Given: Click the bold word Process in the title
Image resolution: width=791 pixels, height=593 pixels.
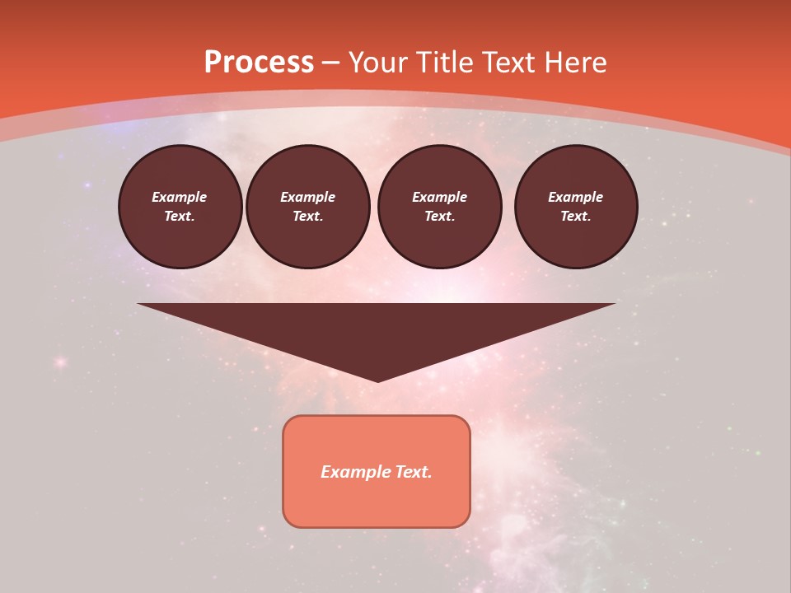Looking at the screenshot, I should pos(259,63).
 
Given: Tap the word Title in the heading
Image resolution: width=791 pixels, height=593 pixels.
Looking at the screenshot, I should pos(445,63).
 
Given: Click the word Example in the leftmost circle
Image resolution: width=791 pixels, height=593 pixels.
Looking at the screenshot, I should pos(180,197).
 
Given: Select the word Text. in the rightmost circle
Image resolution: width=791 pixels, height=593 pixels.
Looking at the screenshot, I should pos(576,216).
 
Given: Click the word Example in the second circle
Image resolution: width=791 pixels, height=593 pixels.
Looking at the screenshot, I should pos(307,197).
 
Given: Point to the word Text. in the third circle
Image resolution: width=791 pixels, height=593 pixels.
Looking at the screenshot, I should pos(440,216).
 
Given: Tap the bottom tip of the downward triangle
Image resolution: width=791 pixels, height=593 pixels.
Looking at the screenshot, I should pos(377,380).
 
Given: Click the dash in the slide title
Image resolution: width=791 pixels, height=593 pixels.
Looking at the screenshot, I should pos(330,63).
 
